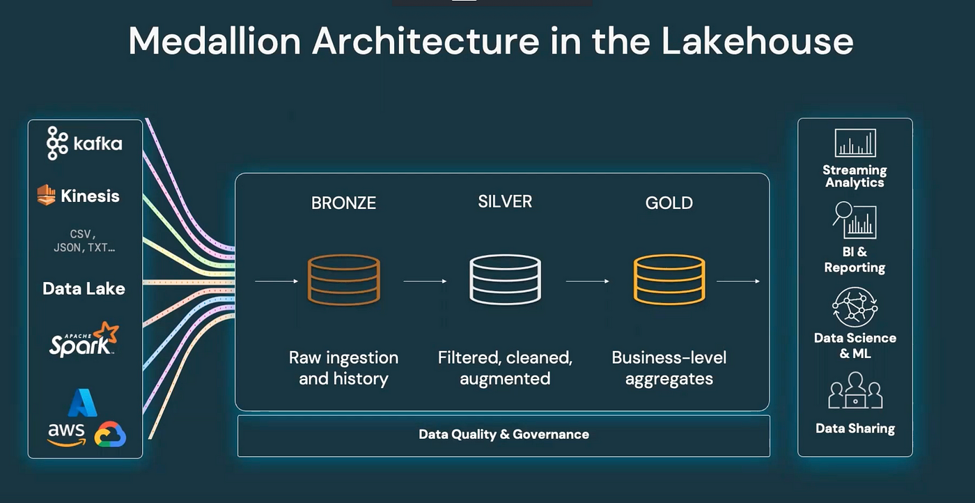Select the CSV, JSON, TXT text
tap(84, 240)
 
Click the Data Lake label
tap(84, 288)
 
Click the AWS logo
tap(66, 433)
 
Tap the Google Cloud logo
tap(110, 435)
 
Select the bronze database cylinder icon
tap(343, 279)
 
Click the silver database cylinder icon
tap(505, 279)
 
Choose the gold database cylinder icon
tap(669, 279)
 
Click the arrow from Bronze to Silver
tap(425, 281)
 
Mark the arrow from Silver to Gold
tap(588, 281)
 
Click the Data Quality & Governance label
tap(504, 435)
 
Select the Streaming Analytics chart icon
tap(855, 144)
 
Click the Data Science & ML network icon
tap(855, 307)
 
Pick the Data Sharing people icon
tap(855, 391)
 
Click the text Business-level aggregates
tap(669, 368)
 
